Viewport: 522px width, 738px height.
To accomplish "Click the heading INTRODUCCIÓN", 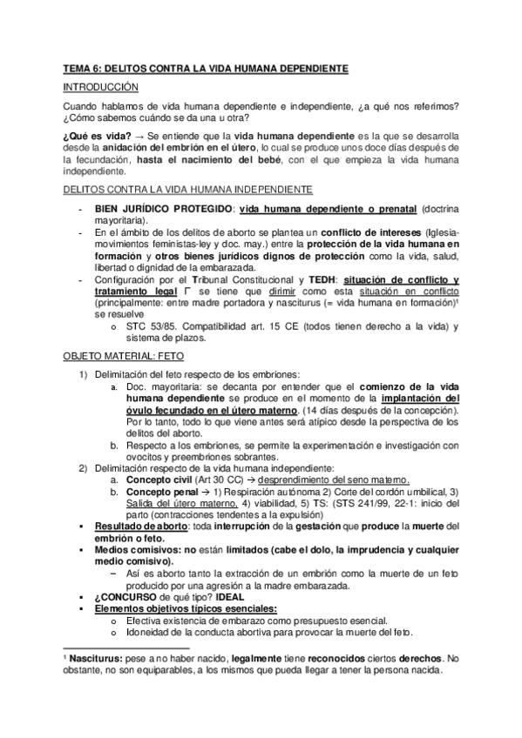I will click(101, 88).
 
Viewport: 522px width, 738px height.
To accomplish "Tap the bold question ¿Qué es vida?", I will click(98, 138).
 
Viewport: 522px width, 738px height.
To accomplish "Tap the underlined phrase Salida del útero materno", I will click(178, 503).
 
